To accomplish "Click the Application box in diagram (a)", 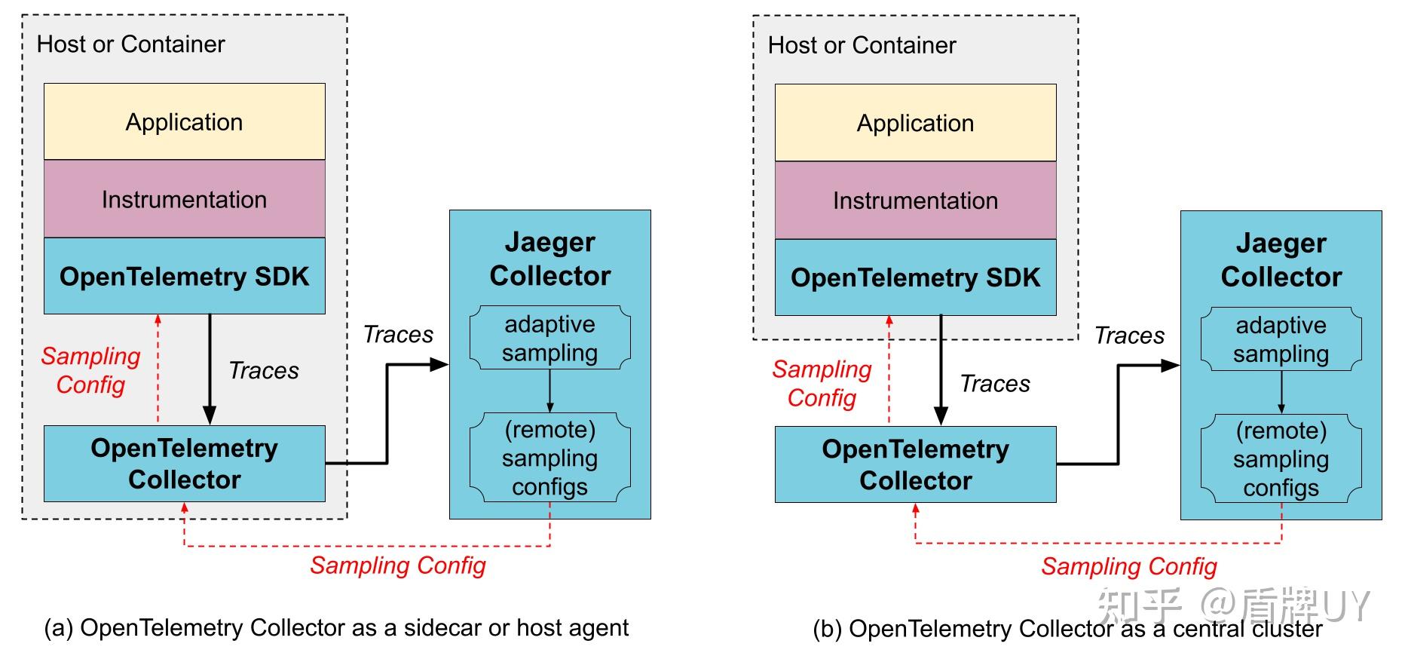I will click(184, 121).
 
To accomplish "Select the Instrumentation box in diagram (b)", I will click(915, 200).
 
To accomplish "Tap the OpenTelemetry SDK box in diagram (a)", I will click(184, 276).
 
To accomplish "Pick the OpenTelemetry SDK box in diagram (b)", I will click(915, 277).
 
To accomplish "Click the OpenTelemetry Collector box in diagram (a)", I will click(184, 464).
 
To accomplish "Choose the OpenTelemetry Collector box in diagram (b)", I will click(915, 464).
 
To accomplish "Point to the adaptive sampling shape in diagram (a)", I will click(549, 338).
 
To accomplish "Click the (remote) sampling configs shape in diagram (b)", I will click(1281, 458).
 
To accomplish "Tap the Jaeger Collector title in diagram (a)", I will click(549, 259).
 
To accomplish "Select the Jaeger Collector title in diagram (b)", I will click(1281, 260).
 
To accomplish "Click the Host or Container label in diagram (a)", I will click(130, 44).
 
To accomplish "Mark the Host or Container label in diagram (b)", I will click(862, 45).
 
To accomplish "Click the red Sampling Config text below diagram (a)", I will click(397, 565).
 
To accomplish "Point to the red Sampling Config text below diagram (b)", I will click(1128, 566).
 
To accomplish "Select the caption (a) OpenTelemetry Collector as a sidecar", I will click(336, 627).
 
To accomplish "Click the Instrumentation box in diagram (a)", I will click(184, 199).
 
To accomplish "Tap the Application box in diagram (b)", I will click(915, 123).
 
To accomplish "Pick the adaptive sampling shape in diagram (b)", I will click(1281, 339).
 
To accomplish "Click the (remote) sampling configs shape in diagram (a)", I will click(549, 458).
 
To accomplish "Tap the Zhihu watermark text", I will click(1232, 604).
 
